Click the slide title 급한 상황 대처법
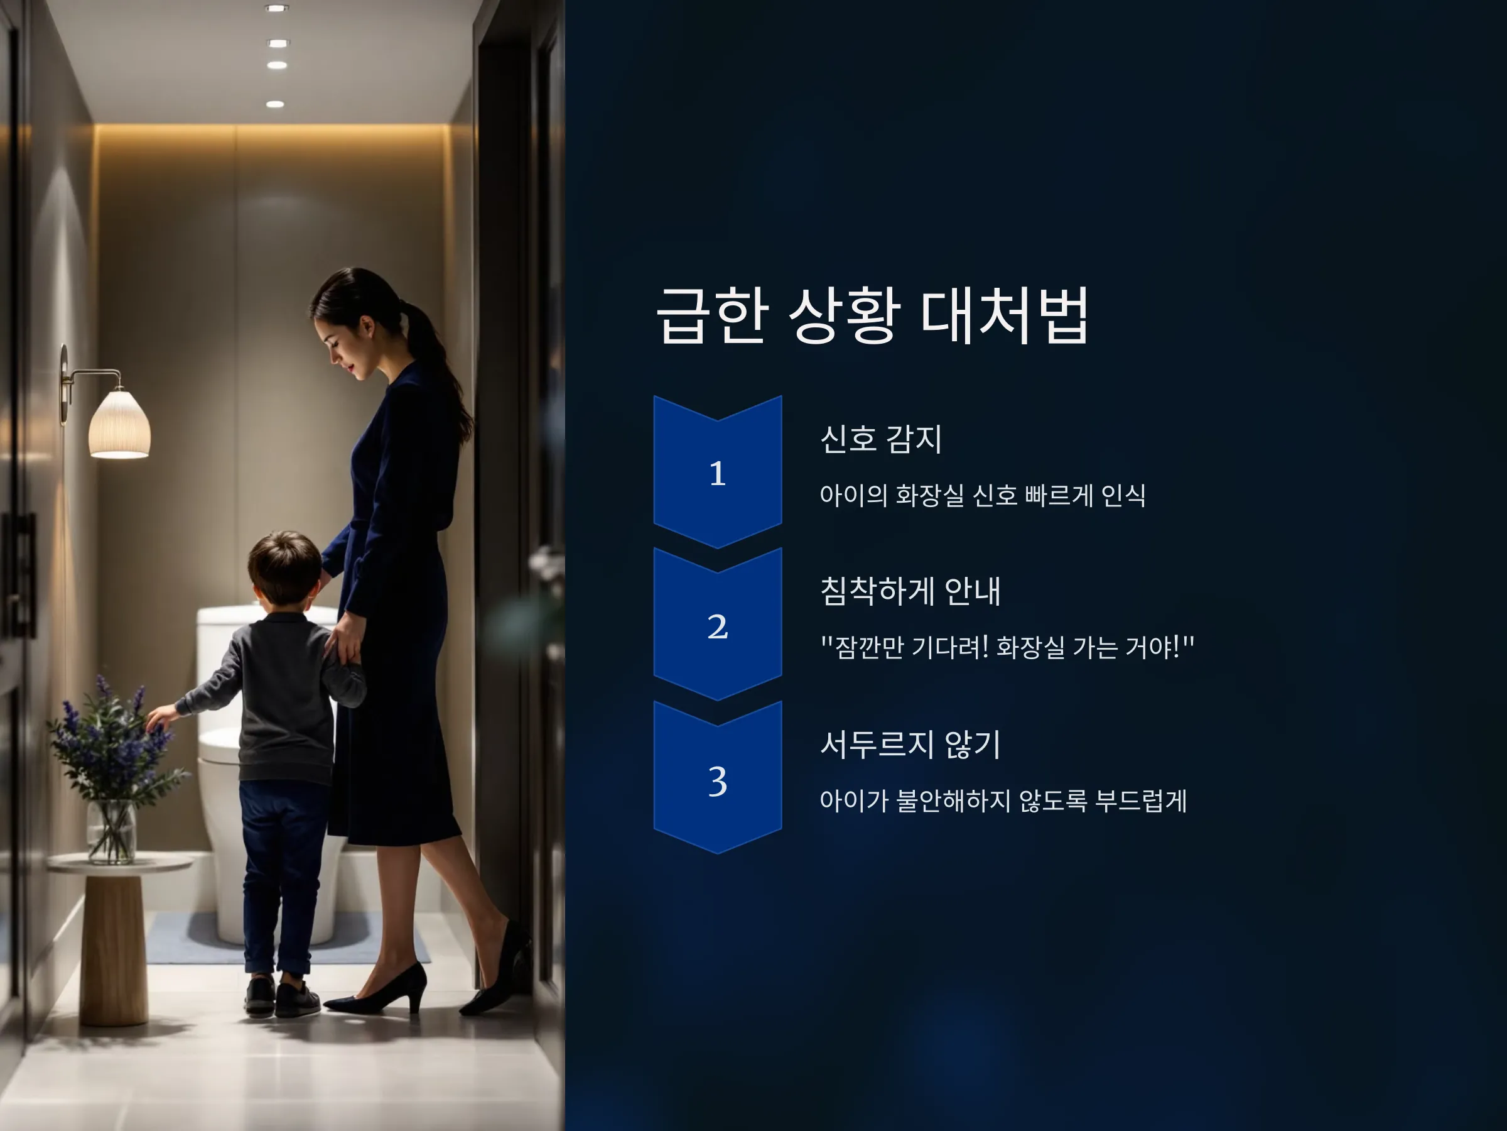[x=872, y=315]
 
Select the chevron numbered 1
[x=717, y=472]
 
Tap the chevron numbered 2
[x=717, y=624]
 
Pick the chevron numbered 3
[x=717, y=777]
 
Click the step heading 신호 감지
[x=881, y=439]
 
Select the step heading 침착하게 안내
[x=910, y=591]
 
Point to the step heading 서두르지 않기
[x=910, y=744]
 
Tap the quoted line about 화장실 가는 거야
[x=1008, y=647]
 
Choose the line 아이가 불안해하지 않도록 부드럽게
[x=1003, y=800]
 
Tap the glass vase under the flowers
[x=111, y=832]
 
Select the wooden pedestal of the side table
[x=113, y=950]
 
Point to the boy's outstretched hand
[x=160, y=717]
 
